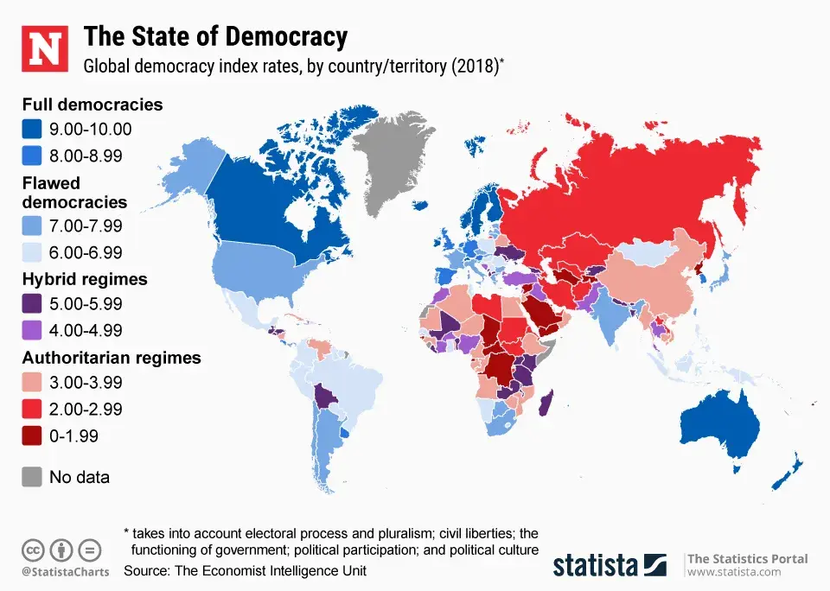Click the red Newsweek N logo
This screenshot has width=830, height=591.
(44, 48)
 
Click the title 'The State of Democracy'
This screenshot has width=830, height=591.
(215, 37)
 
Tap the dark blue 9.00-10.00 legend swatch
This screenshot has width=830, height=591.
(32, 130)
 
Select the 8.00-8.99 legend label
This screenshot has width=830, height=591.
(86, 156)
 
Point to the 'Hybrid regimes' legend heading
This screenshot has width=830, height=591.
(84, 279)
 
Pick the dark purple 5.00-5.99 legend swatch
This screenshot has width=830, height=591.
(32, 304)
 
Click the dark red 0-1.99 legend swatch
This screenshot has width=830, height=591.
(32, 435)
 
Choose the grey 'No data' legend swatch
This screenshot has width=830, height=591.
(32, 476)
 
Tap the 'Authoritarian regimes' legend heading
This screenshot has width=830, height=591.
(112, 358)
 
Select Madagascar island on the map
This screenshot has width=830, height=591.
(546, 403)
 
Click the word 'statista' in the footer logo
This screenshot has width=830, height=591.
(596, 565)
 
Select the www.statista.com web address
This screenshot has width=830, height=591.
(733, 572)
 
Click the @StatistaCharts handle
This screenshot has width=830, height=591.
(61, 572)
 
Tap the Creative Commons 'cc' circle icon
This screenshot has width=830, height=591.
(33, 550)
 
